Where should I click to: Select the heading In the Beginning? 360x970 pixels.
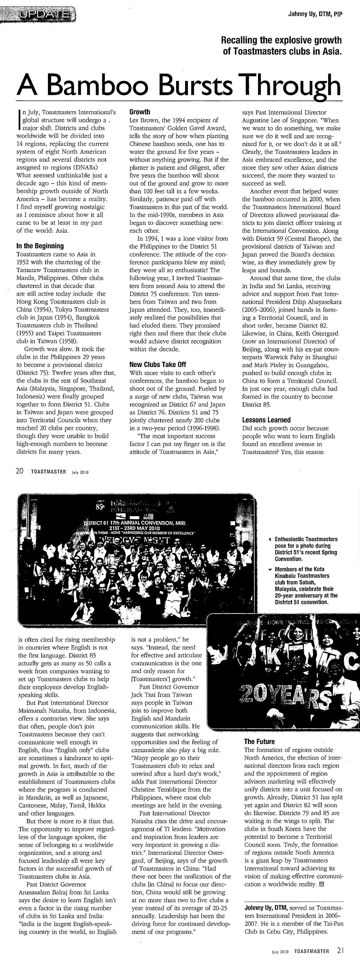coord(40,246)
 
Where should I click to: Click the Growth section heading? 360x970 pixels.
coord(140,112)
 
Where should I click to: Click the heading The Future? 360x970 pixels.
coord(259,741)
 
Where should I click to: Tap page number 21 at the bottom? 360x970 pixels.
coord(340,961)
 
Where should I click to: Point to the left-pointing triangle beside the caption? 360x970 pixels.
coord(270,540)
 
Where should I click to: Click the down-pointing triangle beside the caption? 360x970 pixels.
coord(270,570)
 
